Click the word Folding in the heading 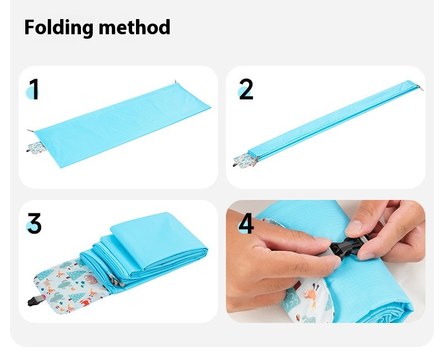click(x=59, y=28)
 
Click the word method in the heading click(x=134, y=27)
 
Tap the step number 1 click(x=34, y=89)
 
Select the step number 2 click(x=246, y=89)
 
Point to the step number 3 click(x=34, y=224)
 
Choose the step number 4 click(x=246, y=223)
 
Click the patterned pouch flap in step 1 click(x=36, y=148)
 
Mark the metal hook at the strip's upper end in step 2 click(x=420, y=88)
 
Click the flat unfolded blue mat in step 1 click(x=123, y=125)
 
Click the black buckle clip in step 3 click(x=35, y=300)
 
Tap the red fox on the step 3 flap click(x=86, y=302)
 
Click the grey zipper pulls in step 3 click(x=116, y=281)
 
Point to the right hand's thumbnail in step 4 click(x=354, y=226)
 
